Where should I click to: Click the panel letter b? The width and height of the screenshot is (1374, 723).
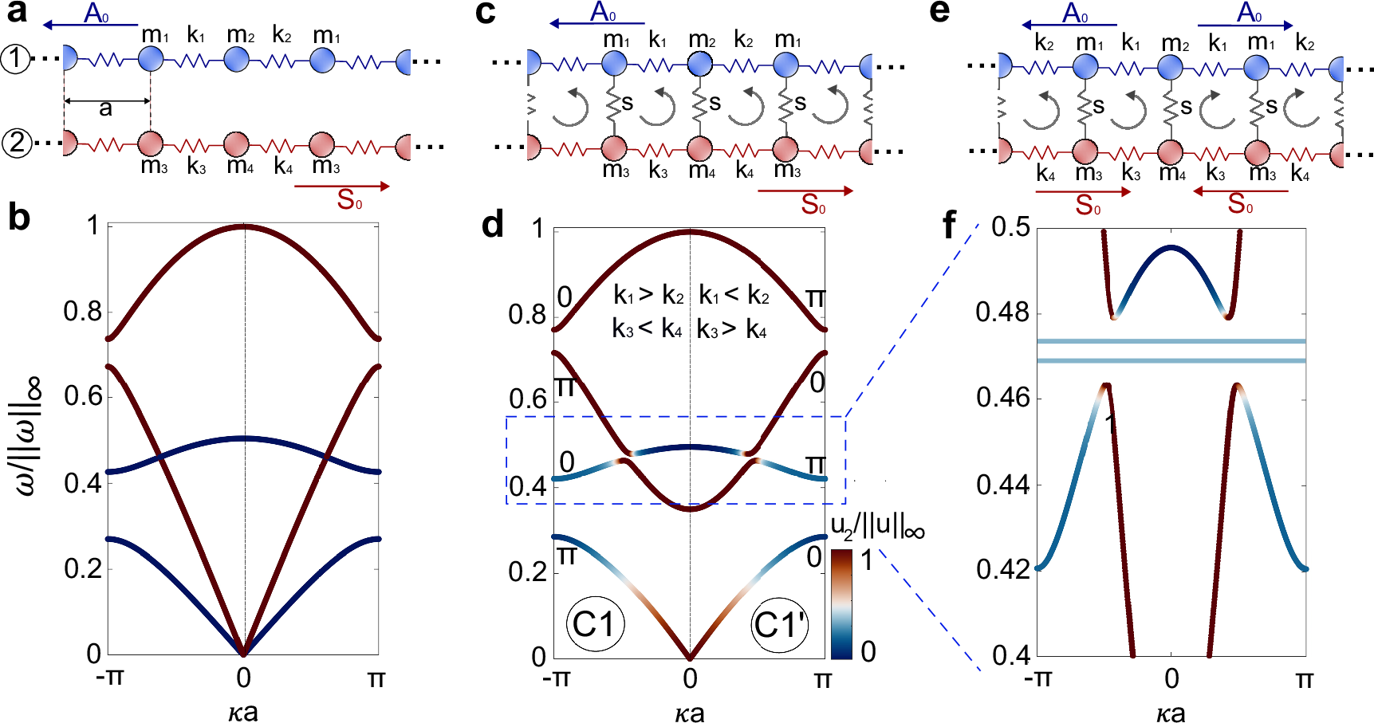(19, 218)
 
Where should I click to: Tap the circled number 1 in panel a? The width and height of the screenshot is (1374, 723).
(15, 59)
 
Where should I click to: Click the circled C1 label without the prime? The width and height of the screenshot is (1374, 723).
(595, 624)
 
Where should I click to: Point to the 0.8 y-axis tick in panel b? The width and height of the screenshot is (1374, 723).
(83, 312)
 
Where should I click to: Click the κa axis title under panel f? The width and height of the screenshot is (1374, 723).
(1170, 711)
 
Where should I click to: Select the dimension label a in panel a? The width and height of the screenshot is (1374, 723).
(105, 108)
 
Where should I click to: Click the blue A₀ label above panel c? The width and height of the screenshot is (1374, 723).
(603, 12)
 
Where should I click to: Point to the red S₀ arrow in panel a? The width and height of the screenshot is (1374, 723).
(343, 187)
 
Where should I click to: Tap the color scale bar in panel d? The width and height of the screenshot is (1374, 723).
(841, 603)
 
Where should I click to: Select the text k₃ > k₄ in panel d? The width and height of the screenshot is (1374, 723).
(732, 329)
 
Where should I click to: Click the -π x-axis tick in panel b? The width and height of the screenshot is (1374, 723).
(109, 678)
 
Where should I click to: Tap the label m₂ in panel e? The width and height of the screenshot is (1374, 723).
(1175, 43)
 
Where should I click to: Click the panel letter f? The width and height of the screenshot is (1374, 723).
(948, 226)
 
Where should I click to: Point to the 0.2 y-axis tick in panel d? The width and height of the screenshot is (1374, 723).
(527, 572)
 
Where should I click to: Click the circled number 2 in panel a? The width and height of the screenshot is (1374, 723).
(17, 143)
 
